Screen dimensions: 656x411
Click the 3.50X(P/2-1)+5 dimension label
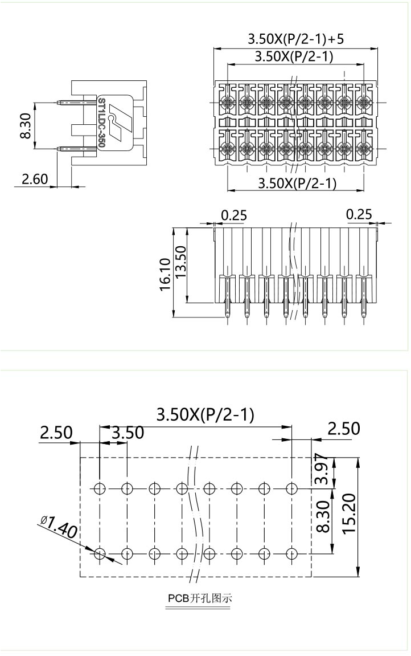click(295, 39)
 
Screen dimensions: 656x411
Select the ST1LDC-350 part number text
click(101, 123)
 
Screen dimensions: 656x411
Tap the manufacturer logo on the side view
click(118, 121)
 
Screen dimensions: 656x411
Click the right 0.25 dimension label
click(359, 214)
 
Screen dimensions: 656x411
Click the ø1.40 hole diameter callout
click(59, 527)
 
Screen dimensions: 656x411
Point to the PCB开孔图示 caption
click(200, 599)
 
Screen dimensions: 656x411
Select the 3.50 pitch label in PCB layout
click(128, 433)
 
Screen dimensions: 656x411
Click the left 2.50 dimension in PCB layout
click(56, 433)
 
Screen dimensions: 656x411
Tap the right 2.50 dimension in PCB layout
click(343, 428)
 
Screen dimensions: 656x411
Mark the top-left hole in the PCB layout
click(100, 488)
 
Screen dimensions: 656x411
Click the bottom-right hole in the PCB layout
click(291, 553)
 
